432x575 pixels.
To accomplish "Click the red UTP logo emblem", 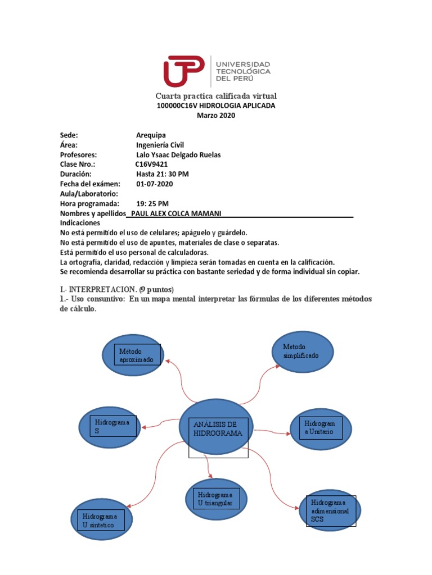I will pos(183,71).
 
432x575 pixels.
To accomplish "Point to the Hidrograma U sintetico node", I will pos(102,520).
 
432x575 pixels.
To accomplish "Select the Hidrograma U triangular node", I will pos(216,499).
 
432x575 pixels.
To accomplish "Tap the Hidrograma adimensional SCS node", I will pos(331,510).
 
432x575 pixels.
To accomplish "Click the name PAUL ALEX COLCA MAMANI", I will pos(175,213).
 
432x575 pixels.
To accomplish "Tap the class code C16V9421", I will pos(151,164).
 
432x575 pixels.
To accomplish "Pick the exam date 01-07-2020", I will pos(155,184).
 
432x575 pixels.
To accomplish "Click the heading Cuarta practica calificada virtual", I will pos(216,96).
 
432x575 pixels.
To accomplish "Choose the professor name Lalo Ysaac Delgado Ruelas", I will pos(178,154).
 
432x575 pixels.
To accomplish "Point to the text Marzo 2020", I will pos(216,116).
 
